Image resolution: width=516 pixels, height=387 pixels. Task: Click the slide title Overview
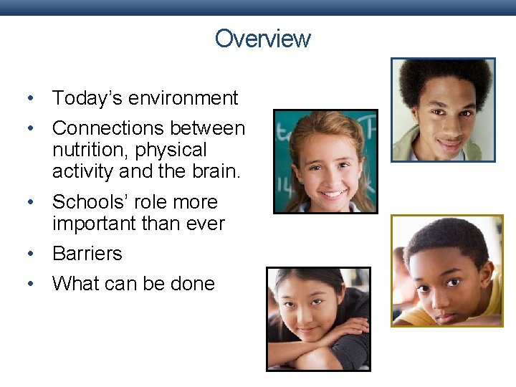[262, 38]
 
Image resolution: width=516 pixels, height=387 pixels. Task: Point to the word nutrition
[85, 150]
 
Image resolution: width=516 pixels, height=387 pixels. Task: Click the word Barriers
[87, 254]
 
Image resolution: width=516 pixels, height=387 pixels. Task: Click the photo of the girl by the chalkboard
[325, 161]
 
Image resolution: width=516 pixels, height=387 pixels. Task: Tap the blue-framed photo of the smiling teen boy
[443, 110]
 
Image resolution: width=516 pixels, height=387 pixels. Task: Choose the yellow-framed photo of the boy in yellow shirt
[447, 271]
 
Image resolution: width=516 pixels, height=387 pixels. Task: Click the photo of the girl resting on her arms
[318, 319]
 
